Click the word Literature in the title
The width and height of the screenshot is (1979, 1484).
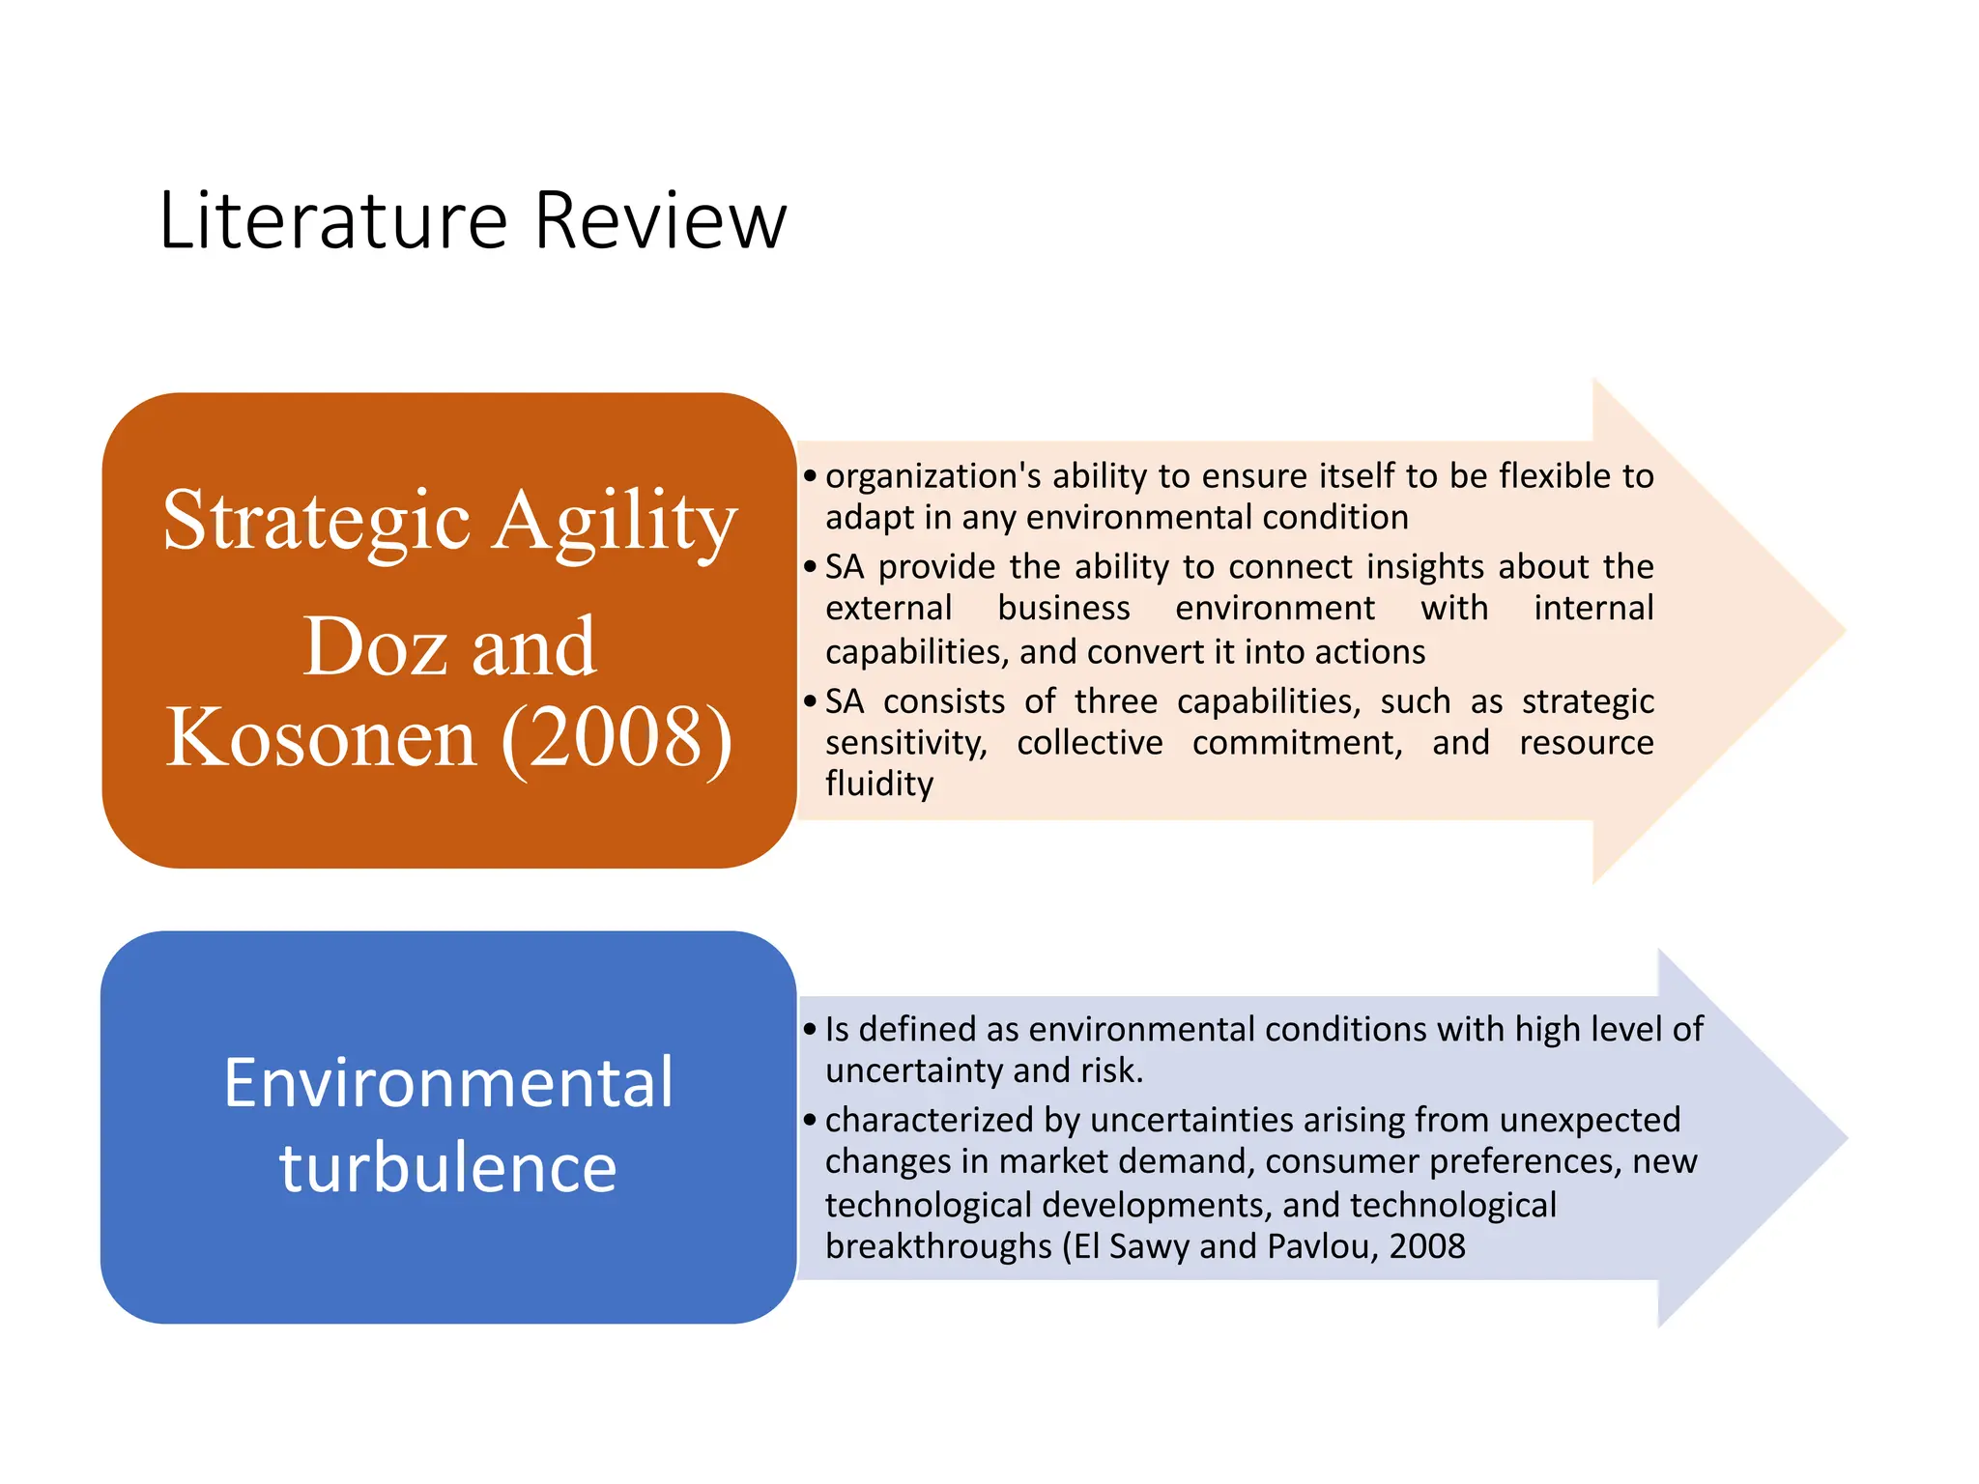[x=332, y=221]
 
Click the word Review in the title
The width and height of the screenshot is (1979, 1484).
[x=660, y=221]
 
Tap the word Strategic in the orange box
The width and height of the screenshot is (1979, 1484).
[x=316, y=522]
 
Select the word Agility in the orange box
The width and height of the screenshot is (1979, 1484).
[x=616, y=522]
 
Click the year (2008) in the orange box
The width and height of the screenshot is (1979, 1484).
[x=617, y=738]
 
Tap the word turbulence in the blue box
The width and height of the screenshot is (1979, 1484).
[x=448, y=1167]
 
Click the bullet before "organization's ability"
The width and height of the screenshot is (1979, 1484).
[x=810, y=476]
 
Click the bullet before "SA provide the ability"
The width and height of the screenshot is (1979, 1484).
[x=810, y=567]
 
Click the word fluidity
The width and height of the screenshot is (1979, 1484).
[x=878, y=784]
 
